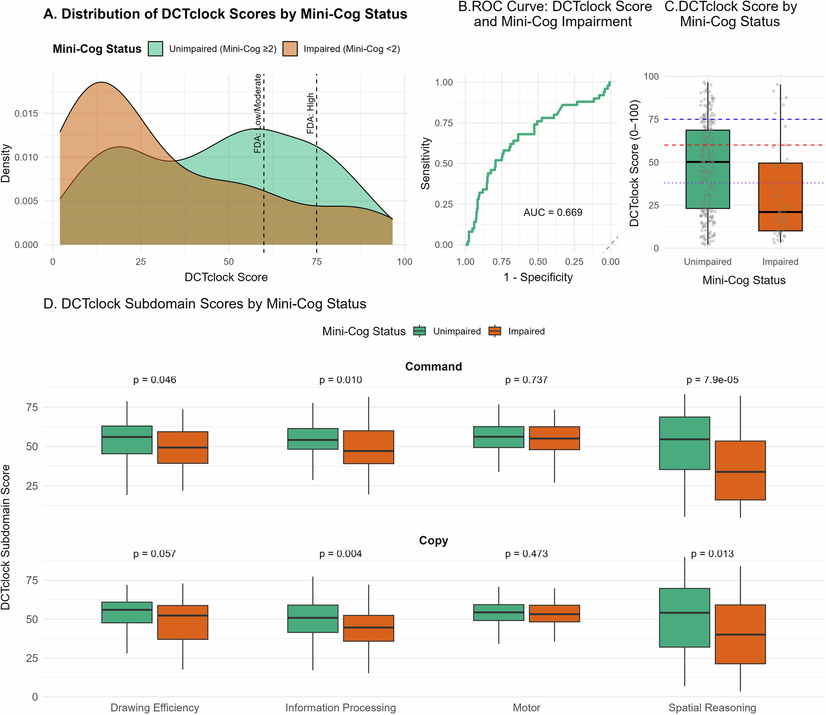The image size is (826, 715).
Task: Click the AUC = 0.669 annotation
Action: pyautogui.click(x=553, y=212)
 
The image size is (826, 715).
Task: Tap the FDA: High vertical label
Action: pyautogui.click(x=311, y=113)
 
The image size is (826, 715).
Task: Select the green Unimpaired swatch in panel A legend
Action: pyautogui.click(x=155, y=49)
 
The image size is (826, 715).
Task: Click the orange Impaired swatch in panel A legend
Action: pyautogui.click(x=290, y=49)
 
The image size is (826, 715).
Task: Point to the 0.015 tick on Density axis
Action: pyautogui.click(x=26, y=114)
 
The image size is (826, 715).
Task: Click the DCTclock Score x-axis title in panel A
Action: pyautogui.click(x=226, y=278)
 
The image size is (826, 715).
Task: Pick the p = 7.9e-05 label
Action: pyautogui.click(x=712, y=380)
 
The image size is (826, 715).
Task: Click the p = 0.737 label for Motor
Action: pyautogui.click(x=526, y=380)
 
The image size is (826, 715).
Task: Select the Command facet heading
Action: pyautogui.click(x=433, y=367)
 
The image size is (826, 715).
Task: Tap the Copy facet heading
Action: pyautogui.click(x=433, y=540)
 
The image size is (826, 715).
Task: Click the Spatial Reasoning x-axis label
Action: pyautogui.click(x=712, y=707)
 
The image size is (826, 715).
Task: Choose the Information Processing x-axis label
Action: pyautogui.click(x=340, y=707)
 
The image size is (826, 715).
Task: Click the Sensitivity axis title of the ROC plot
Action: pyautogui.click(x=426, y=163)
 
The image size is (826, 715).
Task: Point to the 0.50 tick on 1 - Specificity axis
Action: pyautogui.click(x=538, y=262)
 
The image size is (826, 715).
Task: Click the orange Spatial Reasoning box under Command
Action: pyautogui.click(x=740, y=470)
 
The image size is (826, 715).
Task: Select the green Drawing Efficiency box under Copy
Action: pyautogui.click(x=127, y=612)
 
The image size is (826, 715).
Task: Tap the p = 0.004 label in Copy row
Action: pyautogui.click(x=340, y=554)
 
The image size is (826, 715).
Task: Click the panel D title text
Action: pyautogui.click(x=205, y=303)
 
